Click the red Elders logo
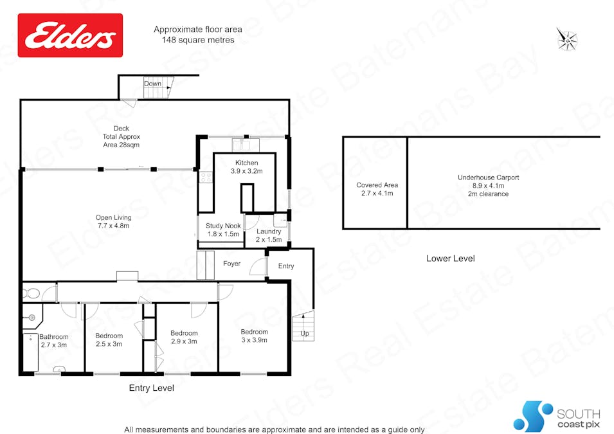coord(70,35)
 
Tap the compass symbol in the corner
coord(567,39)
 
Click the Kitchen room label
coord(247,167)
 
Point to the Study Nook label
coord(222,230)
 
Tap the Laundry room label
coord(269,235)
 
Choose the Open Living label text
coord(113,222)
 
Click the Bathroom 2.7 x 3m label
coord(53,341)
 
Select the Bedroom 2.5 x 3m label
coord(109,340)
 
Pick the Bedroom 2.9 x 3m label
coord(184,338)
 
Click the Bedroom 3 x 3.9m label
coord(254,336)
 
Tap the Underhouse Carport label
coord(488,185)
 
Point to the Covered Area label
coord(377,189)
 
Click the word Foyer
coord(231,264)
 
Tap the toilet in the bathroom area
coord(30,294)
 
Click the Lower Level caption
coord(450,258)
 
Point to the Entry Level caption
coord(151,388)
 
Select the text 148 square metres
coord(197,40)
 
